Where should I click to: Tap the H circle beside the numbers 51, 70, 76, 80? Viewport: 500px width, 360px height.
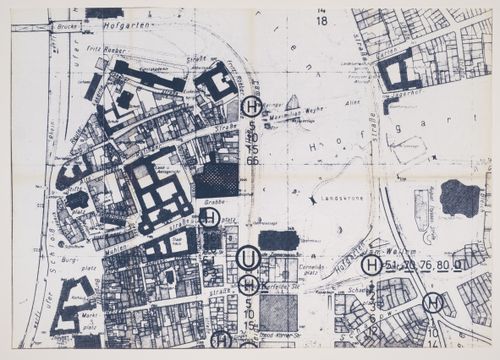372,265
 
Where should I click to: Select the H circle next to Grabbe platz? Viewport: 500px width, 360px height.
210,217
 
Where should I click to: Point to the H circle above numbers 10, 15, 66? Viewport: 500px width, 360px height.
251,106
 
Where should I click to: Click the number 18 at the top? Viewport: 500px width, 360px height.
321,20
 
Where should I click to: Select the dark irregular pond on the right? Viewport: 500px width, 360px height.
459,197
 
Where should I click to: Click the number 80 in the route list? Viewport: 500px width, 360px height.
441,265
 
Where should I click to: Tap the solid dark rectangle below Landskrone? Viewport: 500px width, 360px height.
279,240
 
